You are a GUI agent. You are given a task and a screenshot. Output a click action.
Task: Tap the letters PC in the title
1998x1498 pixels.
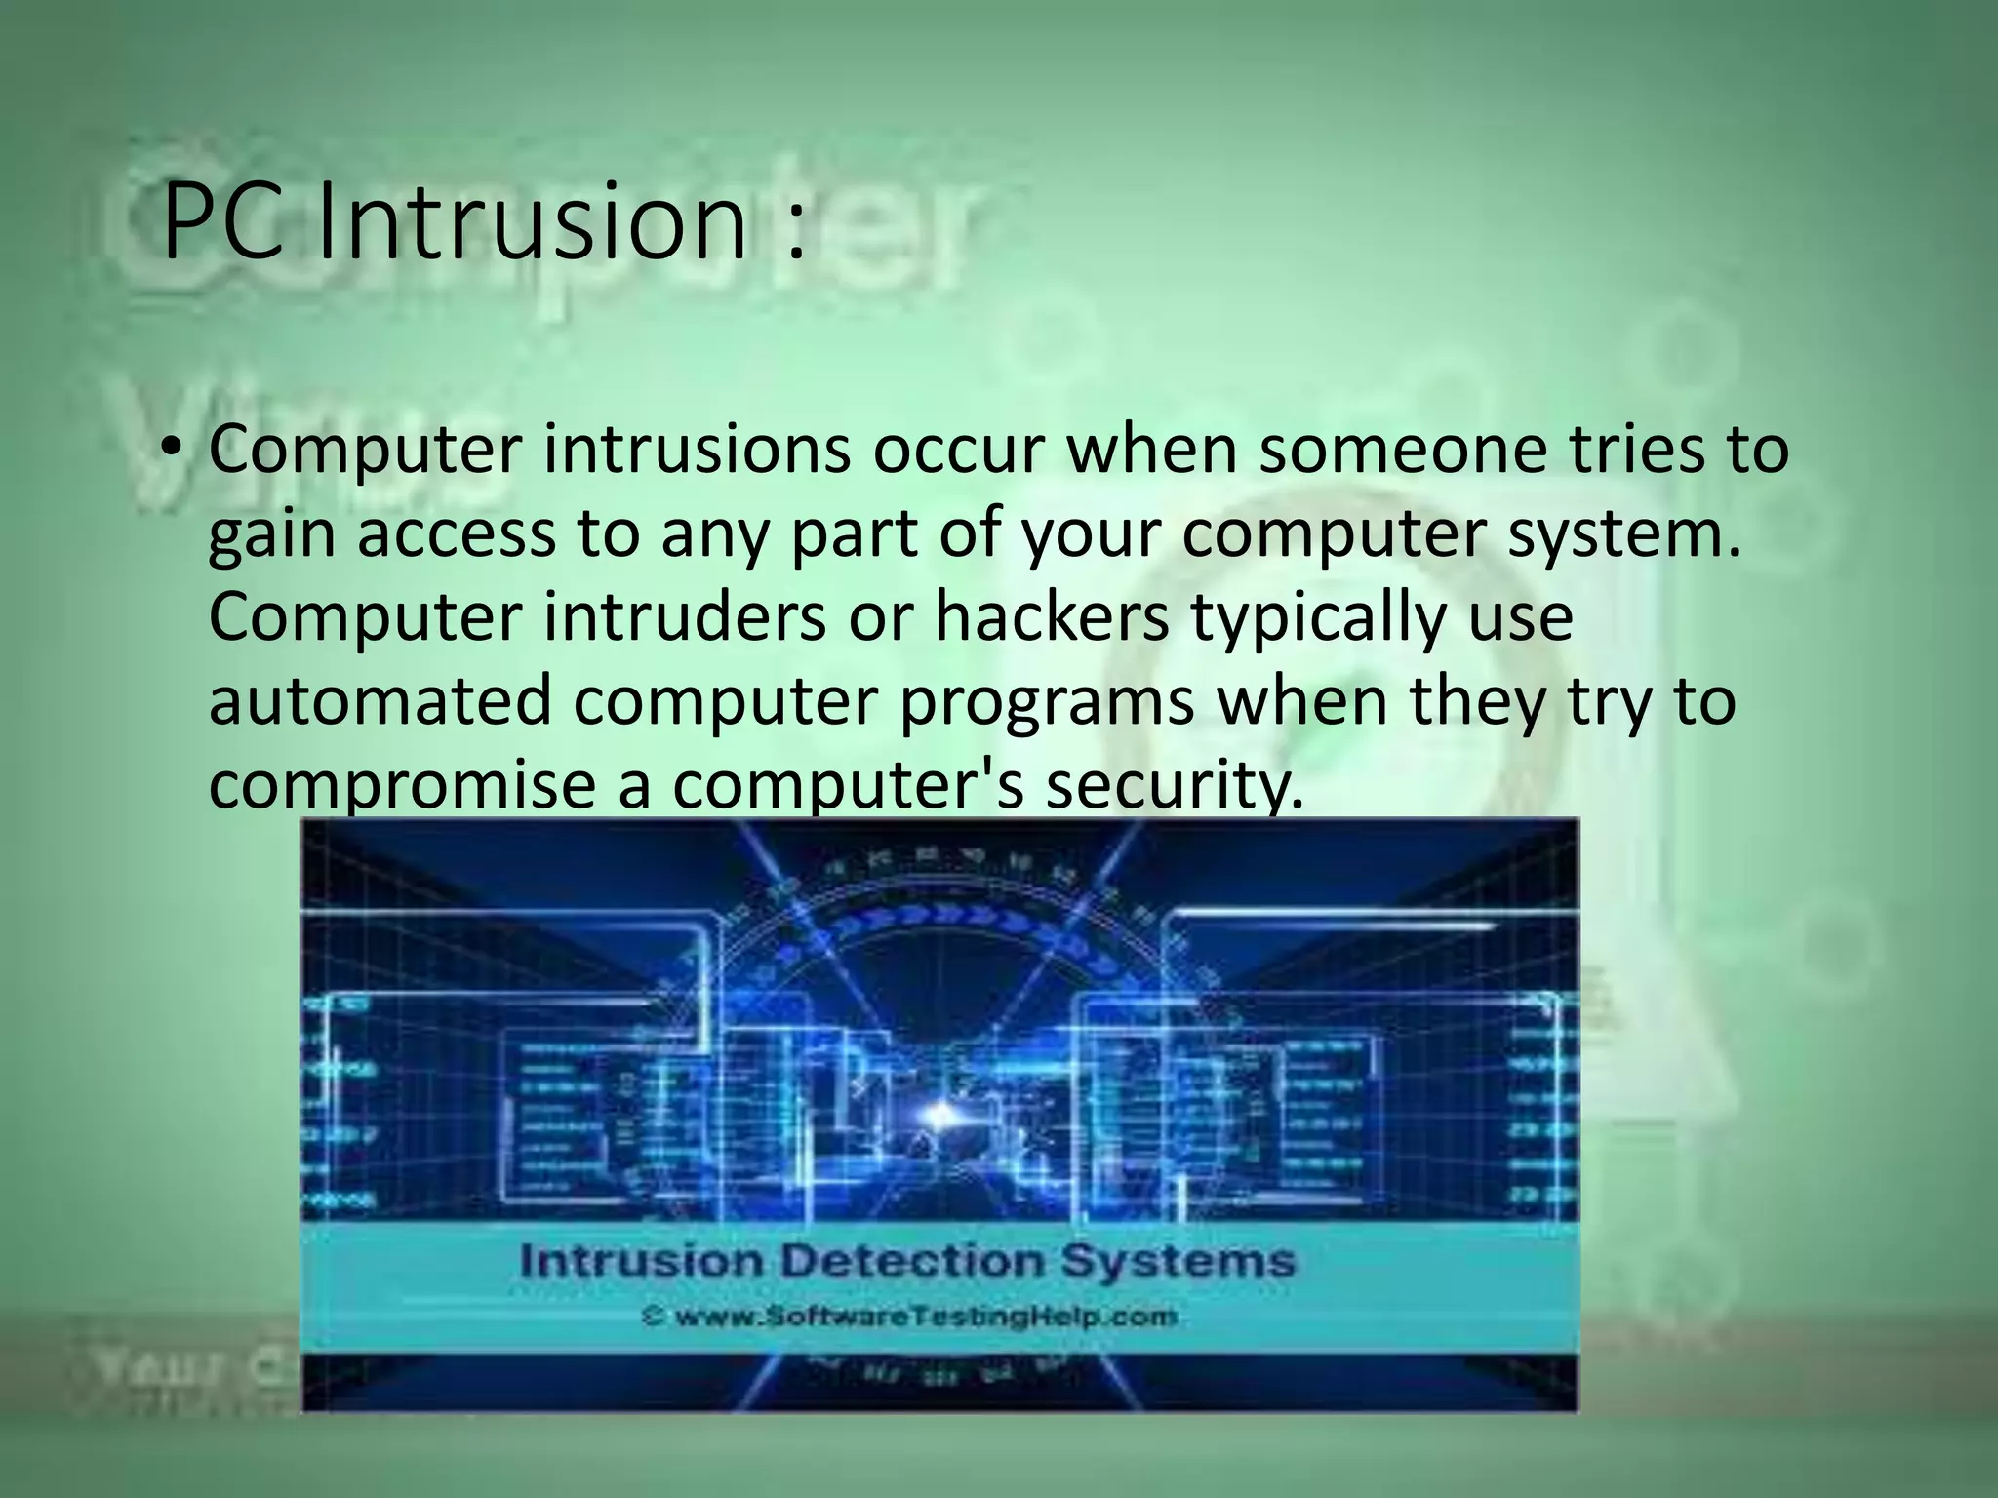click(x=225, y=223)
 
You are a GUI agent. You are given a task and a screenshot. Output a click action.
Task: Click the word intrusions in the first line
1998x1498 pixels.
click(x=697, y=450)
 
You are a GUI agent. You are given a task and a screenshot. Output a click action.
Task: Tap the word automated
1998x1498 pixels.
click(x=380, y=701)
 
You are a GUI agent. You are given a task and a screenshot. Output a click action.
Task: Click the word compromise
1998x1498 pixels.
click(x=401, y=786)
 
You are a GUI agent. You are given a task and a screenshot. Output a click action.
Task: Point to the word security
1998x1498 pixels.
click(x=1175, y=786)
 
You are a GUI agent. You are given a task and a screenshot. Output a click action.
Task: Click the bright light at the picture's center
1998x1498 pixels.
click(x=940, y=1113)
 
